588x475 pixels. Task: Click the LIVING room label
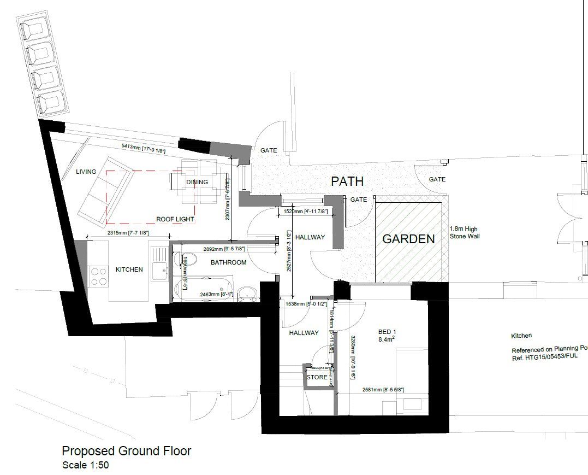pos(86,172)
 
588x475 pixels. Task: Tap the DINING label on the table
pos(197,182)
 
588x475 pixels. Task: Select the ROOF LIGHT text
pos(175,219)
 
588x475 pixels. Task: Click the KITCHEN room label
pos(129,269)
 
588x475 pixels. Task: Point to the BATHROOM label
pos(228,262)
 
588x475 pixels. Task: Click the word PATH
pos(347,181)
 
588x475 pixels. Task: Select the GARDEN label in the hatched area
pos(408,239)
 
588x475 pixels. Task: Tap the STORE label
pos(317,377)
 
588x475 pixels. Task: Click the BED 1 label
pos(387,331)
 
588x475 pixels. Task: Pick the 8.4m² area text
pos(387,339)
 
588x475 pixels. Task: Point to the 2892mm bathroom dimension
pos(224,249)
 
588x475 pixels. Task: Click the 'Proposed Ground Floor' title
pos(126,451)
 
